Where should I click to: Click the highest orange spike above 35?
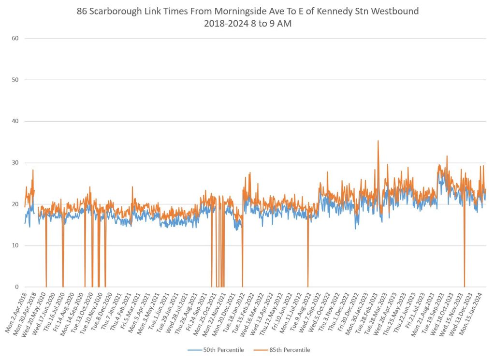tap(378, 141)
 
